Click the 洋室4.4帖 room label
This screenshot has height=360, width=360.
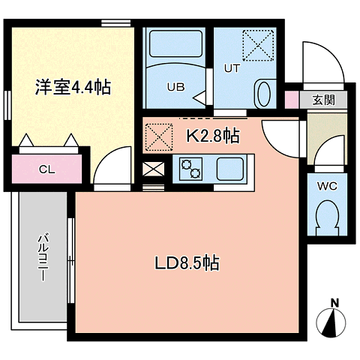click(x=73, y=87)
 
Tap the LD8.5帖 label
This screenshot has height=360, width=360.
click(x=187, y=262)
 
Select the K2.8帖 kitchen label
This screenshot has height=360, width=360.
click(x=213, y=136)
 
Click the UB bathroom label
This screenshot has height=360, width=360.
click(x=176, y=87)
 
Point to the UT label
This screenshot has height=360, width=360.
click(x=232, y=68)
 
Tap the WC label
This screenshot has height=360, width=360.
click(x=327, y=186)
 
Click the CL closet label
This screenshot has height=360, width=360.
click(x=46, y=169)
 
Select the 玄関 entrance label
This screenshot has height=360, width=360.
click(x=323, y=100)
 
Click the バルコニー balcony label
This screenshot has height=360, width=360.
click(x=43, y=257)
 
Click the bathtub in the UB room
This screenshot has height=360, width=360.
click(x=175, y=43)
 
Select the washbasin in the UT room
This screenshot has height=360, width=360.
click(x=264, y=94)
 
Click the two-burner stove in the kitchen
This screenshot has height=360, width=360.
click(x=190, y=169)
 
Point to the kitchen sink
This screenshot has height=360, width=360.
click(x=230, y=169)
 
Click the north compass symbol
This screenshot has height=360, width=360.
click(x=331, y=322)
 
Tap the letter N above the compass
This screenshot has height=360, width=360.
click(x=334, y=303)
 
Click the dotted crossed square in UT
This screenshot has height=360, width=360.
click(x=258, y=46)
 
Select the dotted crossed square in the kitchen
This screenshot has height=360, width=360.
click(x=159, y=137)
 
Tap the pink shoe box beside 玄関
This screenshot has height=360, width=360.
click(x=292, y=100)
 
